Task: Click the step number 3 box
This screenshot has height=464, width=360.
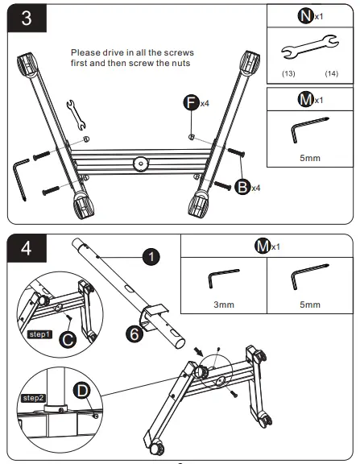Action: coord(27,18)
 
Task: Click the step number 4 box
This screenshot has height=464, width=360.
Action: coord(27,248)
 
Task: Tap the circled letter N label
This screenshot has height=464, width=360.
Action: coord(305,15)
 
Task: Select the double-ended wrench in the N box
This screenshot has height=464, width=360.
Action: coord(310,47)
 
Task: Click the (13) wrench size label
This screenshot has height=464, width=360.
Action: coord(288,73)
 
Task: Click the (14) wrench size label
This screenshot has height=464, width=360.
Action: coord(331,73)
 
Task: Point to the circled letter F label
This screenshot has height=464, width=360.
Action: coord(192,102)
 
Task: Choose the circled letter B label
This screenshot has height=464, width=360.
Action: coord(242,187)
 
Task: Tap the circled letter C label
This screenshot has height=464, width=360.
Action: coord(68,339)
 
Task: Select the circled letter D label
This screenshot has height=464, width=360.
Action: coord(82,391)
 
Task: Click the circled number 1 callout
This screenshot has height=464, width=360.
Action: coord(151,256)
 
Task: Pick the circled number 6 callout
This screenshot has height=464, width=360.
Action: coord(134,333)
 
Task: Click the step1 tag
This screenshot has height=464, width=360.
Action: coord(39,334)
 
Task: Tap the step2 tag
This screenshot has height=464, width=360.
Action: coord(34,398)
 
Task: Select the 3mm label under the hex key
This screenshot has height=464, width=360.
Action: coord(224,304)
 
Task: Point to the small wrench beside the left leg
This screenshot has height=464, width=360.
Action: coord(76,115)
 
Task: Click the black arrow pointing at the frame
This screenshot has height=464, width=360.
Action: coord(198,352)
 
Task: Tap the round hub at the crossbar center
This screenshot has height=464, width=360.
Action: coord(141,164)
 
